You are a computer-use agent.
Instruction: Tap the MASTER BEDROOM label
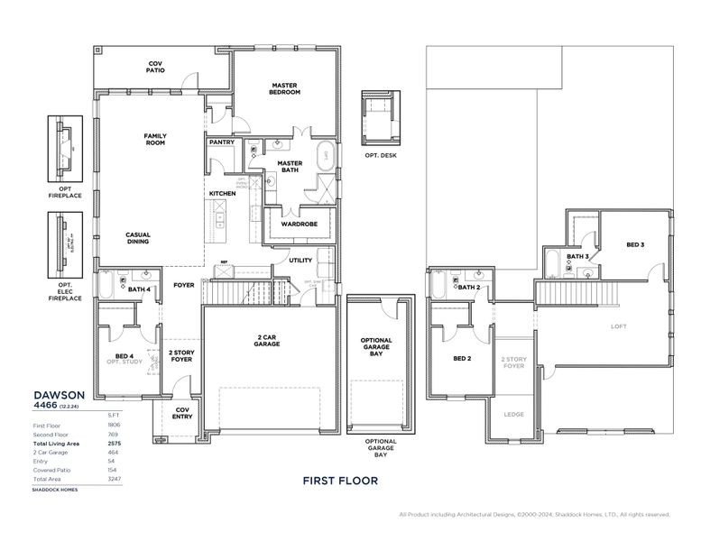click(x=285, y=88)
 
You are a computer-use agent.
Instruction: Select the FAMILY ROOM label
click(x=155, y=140)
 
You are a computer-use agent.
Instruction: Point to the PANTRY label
click(x=221, y=142)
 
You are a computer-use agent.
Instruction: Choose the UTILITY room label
click(x=300, y=261)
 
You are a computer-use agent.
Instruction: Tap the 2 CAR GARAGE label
click(x=267, y=341)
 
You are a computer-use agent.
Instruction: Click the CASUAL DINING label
click(x=138, y=238)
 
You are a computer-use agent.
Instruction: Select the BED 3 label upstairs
click(x=635, y=244)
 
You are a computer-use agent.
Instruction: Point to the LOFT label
click(x=618, y=326)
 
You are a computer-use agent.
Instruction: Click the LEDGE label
click(x=512, y=415)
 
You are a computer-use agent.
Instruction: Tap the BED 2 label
click(x=463, y=359)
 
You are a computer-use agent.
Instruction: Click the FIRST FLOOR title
click(x=339, y=481)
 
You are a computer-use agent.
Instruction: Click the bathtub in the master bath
click(x=325, y=157)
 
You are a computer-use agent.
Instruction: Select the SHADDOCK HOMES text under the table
click(x=56, y=490)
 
